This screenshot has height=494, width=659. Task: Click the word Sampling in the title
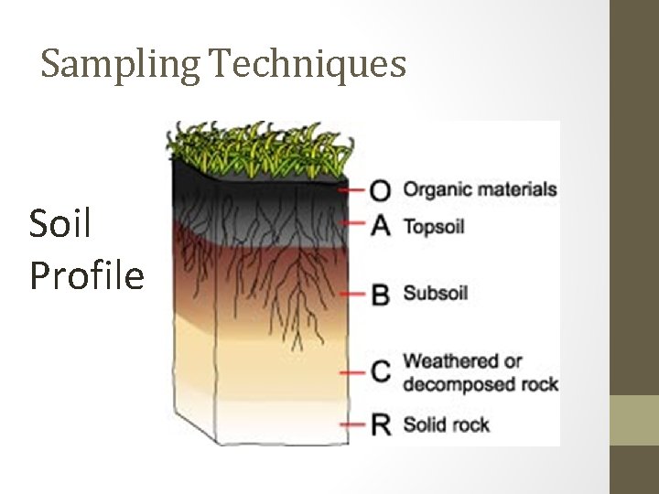(x=121, y=64)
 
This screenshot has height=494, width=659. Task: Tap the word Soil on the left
(x=60, y=223)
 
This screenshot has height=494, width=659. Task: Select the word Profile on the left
(x=87, y=274)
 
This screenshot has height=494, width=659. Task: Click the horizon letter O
(x=380, y=190)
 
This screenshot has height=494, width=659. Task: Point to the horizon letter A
(x=381, y=224)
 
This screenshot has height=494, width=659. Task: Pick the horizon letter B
(x=381, y=295)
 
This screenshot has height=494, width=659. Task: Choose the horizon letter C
(x=381, y=371)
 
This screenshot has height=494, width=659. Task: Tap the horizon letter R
(x=381, y=424)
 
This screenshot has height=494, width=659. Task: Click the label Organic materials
(x=480, y=190)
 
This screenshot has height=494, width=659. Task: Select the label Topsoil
(x=435, y=225)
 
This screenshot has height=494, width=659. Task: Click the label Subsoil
(x=436, y=294)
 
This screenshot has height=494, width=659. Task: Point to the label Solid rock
(x=447, y=424)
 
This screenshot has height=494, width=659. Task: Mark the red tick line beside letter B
(x=352, y=295)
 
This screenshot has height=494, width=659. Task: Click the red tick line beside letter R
(x=352, y=424)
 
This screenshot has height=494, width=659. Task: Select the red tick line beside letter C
(x=352, y=372)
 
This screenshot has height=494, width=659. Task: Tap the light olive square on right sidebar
(x=634, y=420)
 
